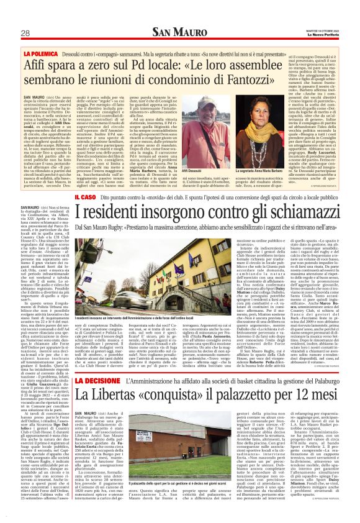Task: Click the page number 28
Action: click(x=26, y=33)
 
